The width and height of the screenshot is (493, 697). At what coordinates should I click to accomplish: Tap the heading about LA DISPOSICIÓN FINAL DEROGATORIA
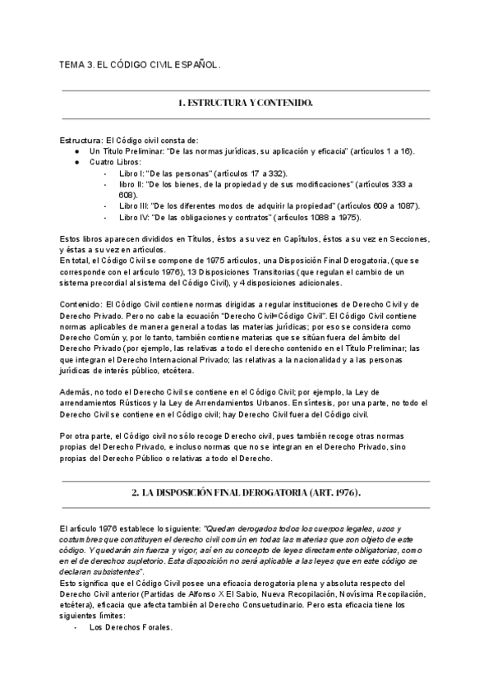(246, 492)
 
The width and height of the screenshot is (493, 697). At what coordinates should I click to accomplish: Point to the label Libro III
(134, 206)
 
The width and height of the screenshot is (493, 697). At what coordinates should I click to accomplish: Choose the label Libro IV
(134, 217)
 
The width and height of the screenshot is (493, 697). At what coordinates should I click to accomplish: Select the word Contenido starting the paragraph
(85, 304)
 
